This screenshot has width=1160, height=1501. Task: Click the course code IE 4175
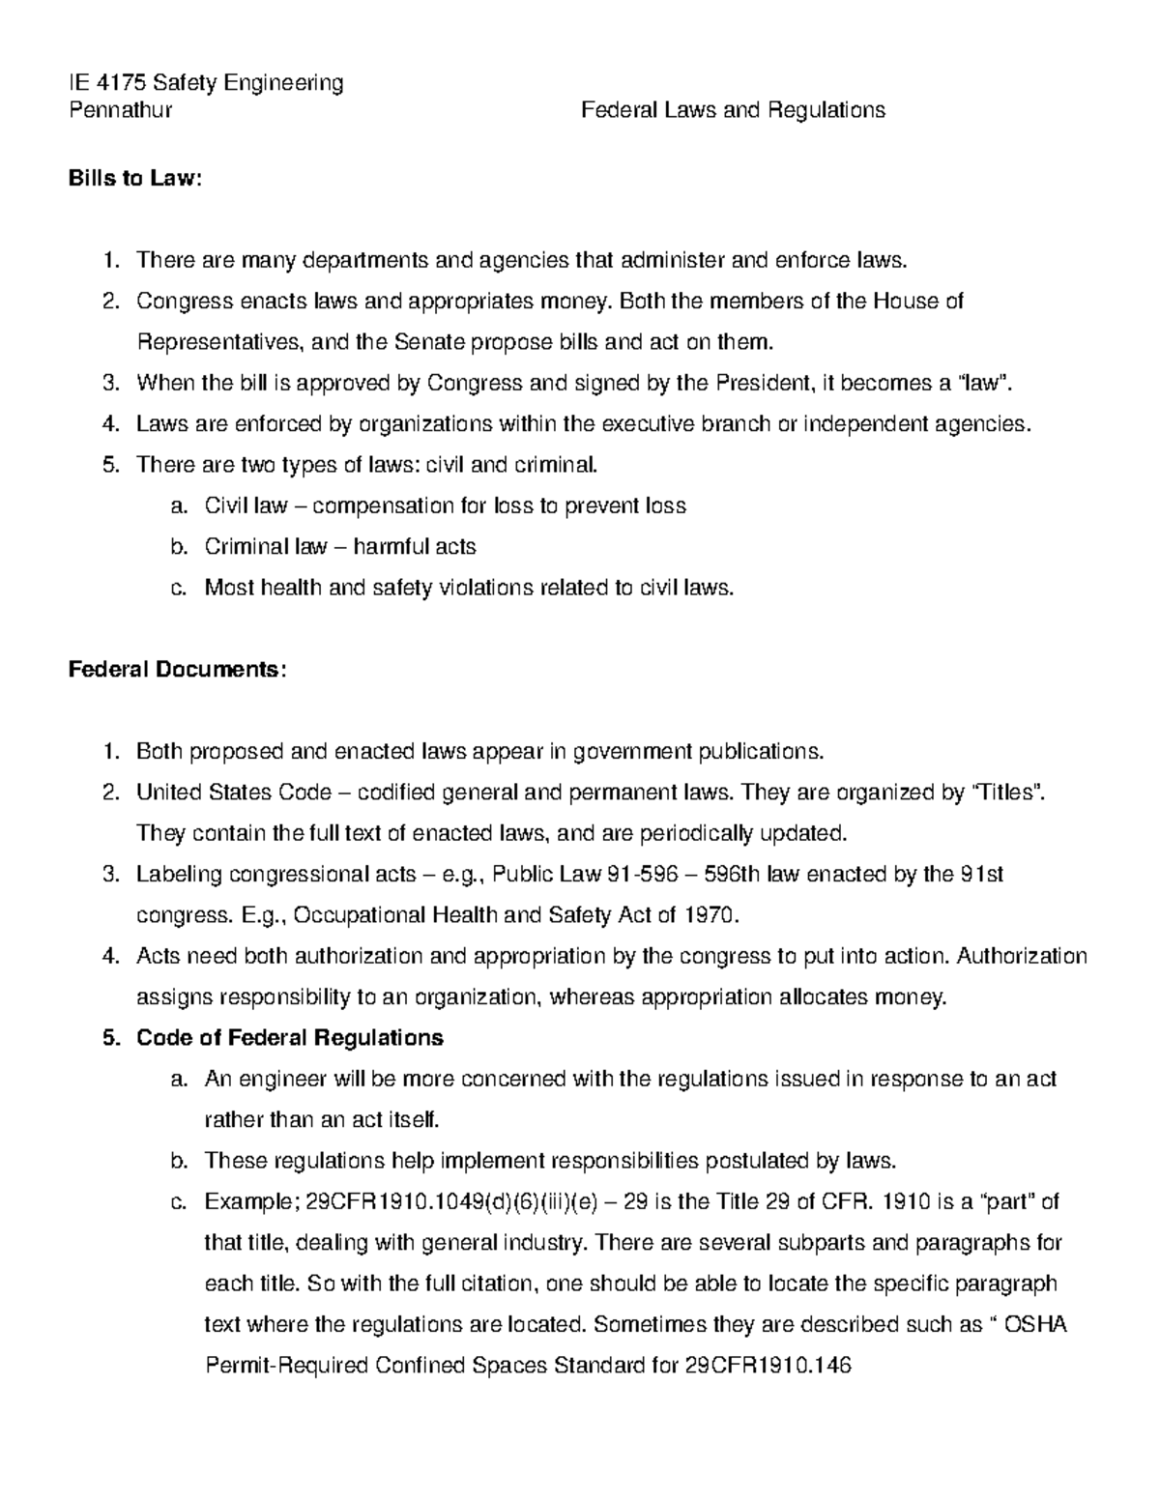click(107, 83)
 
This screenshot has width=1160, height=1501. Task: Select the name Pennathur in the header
click(120, 110)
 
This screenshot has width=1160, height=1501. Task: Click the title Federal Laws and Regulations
click(732, 110)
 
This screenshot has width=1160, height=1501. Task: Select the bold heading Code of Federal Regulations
click(289, 1038)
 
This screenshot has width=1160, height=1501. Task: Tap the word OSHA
click(1035, 1325)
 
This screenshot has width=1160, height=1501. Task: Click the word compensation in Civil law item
click(372, 506)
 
